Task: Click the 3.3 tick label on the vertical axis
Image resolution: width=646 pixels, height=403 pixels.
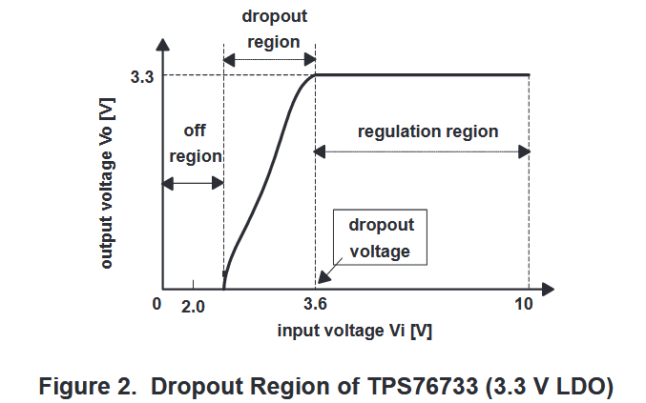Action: [x=139, y=76]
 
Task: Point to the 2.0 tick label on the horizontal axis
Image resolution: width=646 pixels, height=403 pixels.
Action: [x=194, y=306]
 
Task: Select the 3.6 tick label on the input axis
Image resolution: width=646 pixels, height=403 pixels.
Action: [x=314, y=306]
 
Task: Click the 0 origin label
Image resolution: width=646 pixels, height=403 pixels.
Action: [x=156, y=305]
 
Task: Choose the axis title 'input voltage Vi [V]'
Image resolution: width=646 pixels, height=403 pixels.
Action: [x=355, y=331]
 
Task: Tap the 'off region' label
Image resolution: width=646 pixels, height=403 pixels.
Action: [x=195, y=143]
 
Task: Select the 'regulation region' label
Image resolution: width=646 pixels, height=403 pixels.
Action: [x=427, y=131]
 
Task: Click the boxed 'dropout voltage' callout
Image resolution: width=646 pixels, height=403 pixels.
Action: [x=380, y=238]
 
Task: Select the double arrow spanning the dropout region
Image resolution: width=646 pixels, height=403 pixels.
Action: [x=269, y=60]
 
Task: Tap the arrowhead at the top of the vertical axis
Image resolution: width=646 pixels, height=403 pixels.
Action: [x=164, y=44]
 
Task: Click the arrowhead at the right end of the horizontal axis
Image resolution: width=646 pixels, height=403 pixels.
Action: [x=548, y=287]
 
